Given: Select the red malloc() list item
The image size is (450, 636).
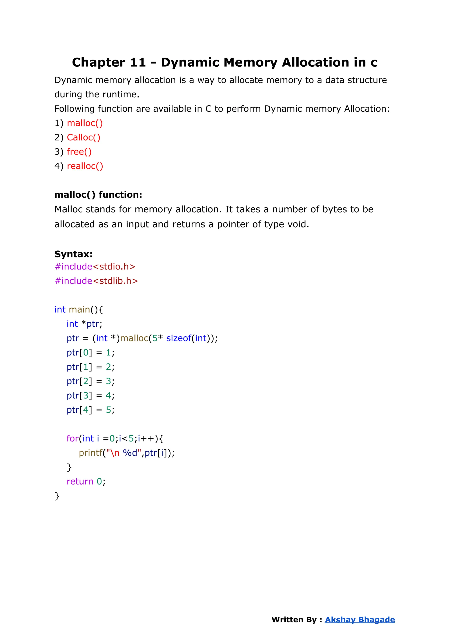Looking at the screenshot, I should (x=85, y=123).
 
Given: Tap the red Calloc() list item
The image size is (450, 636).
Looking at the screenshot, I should (x=83, y=138).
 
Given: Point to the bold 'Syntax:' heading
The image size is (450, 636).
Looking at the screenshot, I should (x=73, y=254).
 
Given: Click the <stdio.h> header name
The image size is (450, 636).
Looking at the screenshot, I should (x=114, y=266).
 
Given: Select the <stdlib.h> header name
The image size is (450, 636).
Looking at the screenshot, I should (x=115, y=281).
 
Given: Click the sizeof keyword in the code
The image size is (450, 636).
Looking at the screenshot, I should (x=178, y=338).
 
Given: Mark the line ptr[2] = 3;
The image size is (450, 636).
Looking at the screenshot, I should (x=90, y=381).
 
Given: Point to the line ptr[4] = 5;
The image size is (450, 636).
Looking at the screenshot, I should (x=90, y=410).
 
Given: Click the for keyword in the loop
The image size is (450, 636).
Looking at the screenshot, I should (x=72, y=439).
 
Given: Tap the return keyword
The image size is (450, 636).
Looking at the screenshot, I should (x=80, y=482).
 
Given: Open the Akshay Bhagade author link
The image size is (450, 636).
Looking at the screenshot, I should (x=360, y=620).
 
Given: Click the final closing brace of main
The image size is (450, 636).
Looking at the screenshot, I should (x=57, y=496).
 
